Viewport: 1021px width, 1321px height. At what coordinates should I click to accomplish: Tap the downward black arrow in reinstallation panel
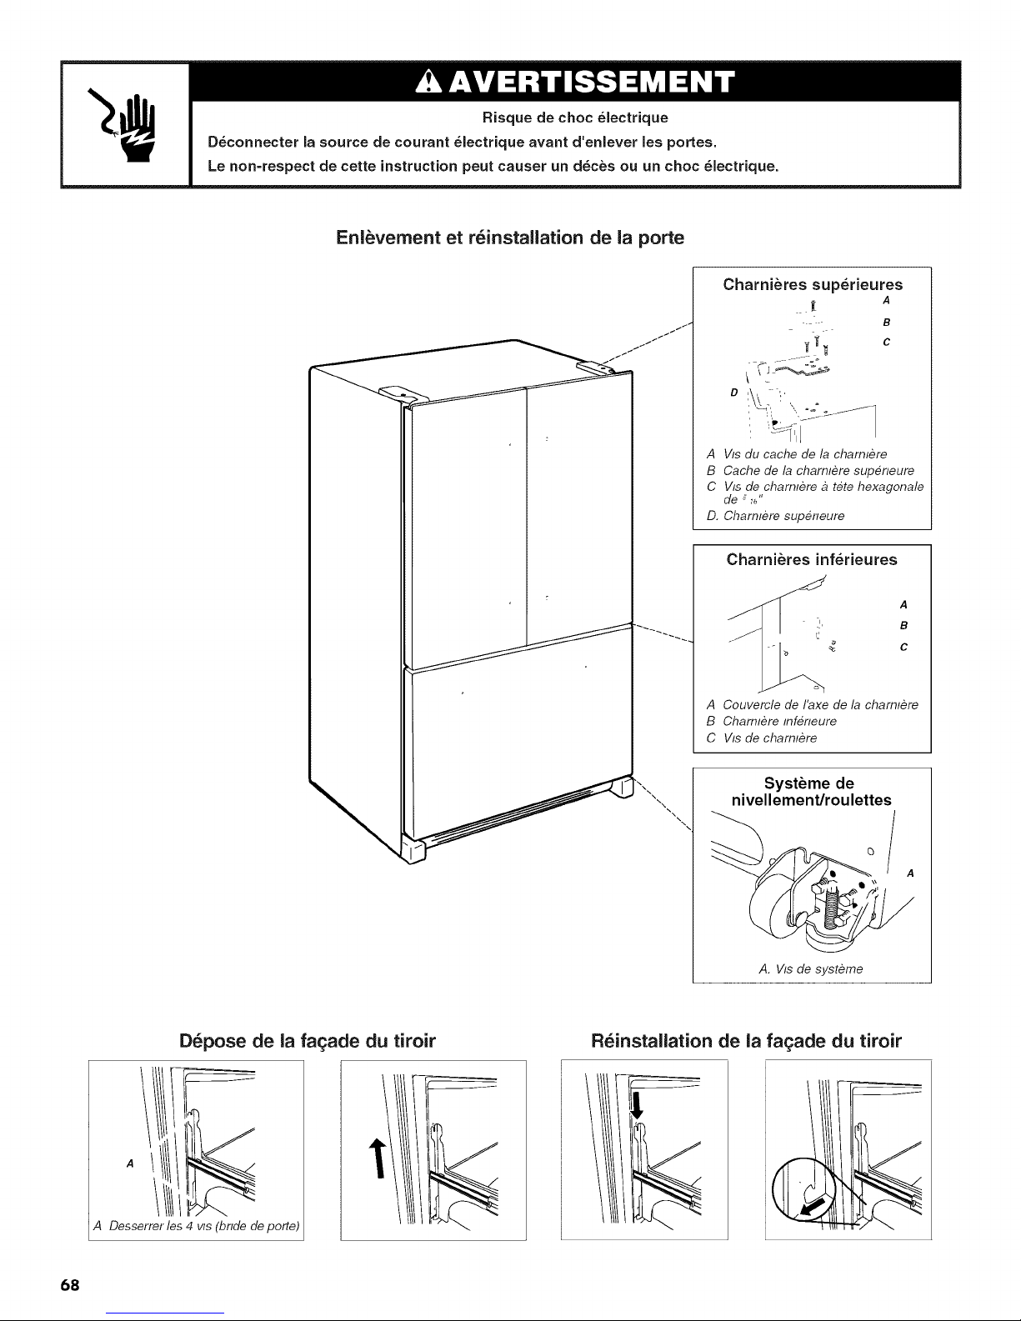tap(638, 1105)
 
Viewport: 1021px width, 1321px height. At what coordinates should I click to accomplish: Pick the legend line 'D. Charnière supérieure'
tap(775, 516)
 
